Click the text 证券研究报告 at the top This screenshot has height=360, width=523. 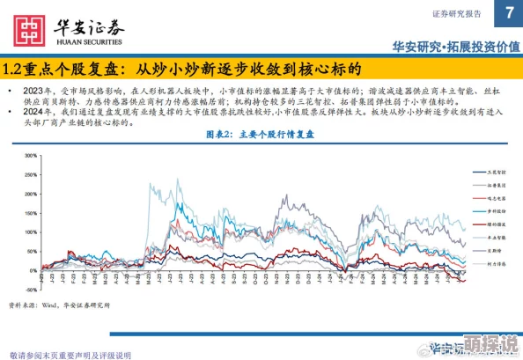click(x=458, y=14)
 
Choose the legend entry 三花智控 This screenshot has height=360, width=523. click(x=499, y=173)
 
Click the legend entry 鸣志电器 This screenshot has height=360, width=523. click(x=499, y=198)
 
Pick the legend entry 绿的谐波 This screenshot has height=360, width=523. click(x=499, y=224)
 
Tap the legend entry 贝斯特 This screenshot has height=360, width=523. click(x=498, y=250)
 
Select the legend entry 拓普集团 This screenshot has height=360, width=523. click(x=499, y=186)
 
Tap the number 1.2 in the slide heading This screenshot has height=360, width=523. click(x=12, y=69)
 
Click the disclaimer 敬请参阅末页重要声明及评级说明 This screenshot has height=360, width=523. click(x=70, y=354)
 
